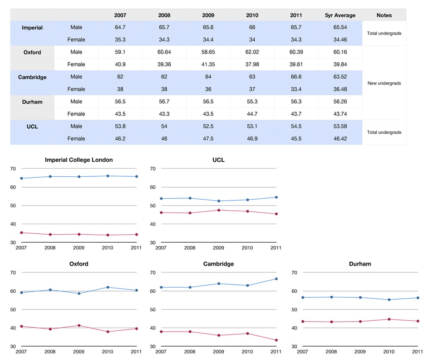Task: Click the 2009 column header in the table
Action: pyautogui.click(x=208, y=15)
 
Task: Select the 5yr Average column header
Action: pyautogui.click(x=340, y=15)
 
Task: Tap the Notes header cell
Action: pyautogui.click(x=384, y=15)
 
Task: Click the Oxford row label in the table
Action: pyautogui.click(x=32, y=52)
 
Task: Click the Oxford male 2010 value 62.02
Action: pyautogui.click(x=252, y=52)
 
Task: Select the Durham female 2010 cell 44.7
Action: pyautogui.click(x=252, y=114)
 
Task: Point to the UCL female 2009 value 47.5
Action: pyautogui.click(x=208, y=138)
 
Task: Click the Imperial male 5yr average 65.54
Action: pyautogui.click(x=340, y=27)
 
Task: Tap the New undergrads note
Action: pyautogui.click(x=384, y=83)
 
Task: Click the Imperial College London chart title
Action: pyautogui.click(x=79, y=160)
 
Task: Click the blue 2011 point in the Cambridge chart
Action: pyautogui.click(x=276, y=279)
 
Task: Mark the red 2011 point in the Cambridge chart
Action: pyautogui.click(x=276, y=340)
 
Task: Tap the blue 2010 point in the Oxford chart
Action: pyautogui.click(x=108, y=287)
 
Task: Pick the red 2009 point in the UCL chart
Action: pyautogui.click(x=219, y=210)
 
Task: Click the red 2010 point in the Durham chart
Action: pyautogui.click(x=389, y=319)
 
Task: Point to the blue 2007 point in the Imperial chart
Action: pyautogui.click(x=22, y=178)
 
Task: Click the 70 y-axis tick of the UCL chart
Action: pyautogui.click(x=152, y=169)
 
